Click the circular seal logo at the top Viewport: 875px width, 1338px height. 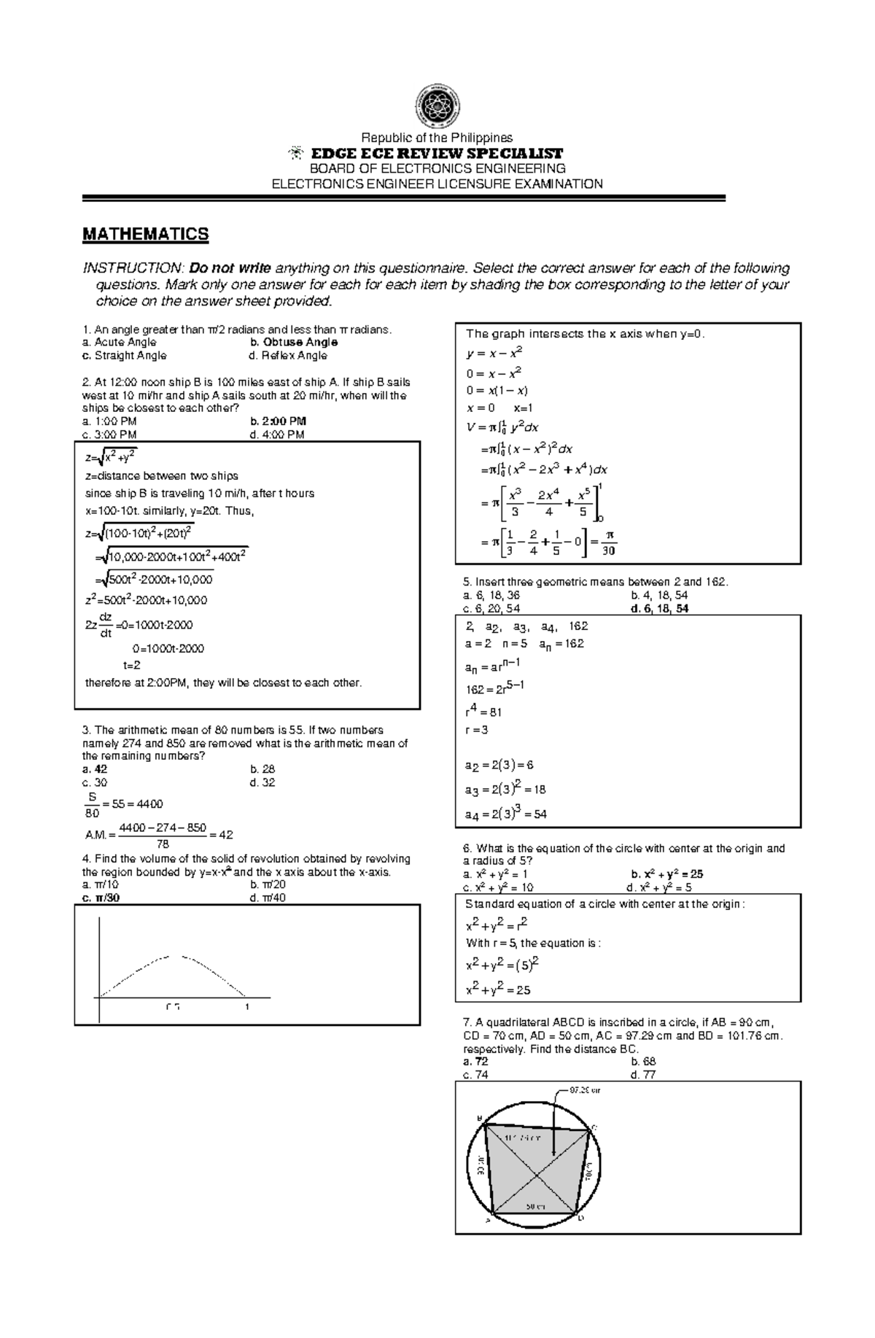pyautogui.click(x=437, y=106)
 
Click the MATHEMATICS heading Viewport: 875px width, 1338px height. pyautogui.click(x=145, y=234)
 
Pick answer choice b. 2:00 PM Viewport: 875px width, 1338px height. pyautogui.click(x=278, y=421)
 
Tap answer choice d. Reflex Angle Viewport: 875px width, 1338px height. pyautogui.click(x=288, y=356)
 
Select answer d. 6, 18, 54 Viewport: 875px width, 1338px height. pyautogui.click(x=659, y=608)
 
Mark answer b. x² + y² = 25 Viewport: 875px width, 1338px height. pyautogui.click(x=666, y=874)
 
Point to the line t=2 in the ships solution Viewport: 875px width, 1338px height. pyautogui.click(x=131, y=665)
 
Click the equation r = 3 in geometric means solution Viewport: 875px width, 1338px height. pyautogui.click(x=477, y=730)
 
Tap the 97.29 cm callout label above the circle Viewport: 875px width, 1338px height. pyautogui.click(x=586, y=1091)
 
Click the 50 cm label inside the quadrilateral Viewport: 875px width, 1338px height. pyautogui.click(x=535, y=1206)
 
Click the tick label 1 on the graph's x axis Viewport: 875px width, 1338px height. pyautogui.click(x=247, y=1007)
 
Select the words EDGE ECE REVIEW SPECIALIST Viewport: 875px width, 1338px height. pyautogui.click(x=437, y=153)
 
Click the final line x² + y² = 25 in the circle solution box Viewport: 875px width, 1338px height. pyautogui.click(x=498, y=990)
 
